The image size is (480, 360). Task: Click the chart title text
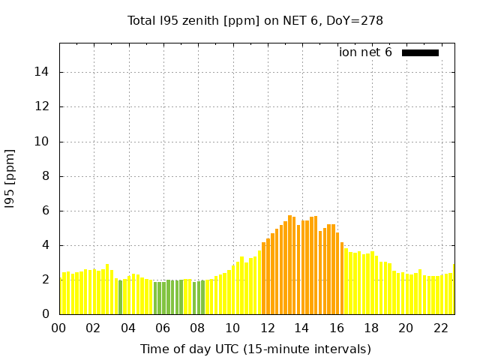255,20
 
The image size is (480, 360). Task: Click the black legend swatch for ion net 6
420,52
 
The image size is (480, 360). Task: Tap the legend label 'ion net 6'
365,52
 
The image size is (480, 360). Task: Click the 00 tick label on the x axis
58,328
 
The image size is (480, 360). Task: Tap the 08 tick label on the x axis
197,328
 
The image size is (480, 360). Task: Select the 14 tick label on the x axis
301,328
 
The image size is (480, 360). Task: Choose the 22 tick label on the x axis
440,328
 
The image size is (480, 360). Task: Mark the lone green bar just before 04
120,297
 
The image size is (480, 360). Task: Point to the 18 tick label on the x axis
370,328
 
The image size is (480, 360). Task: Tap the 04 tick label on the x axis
128,328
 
